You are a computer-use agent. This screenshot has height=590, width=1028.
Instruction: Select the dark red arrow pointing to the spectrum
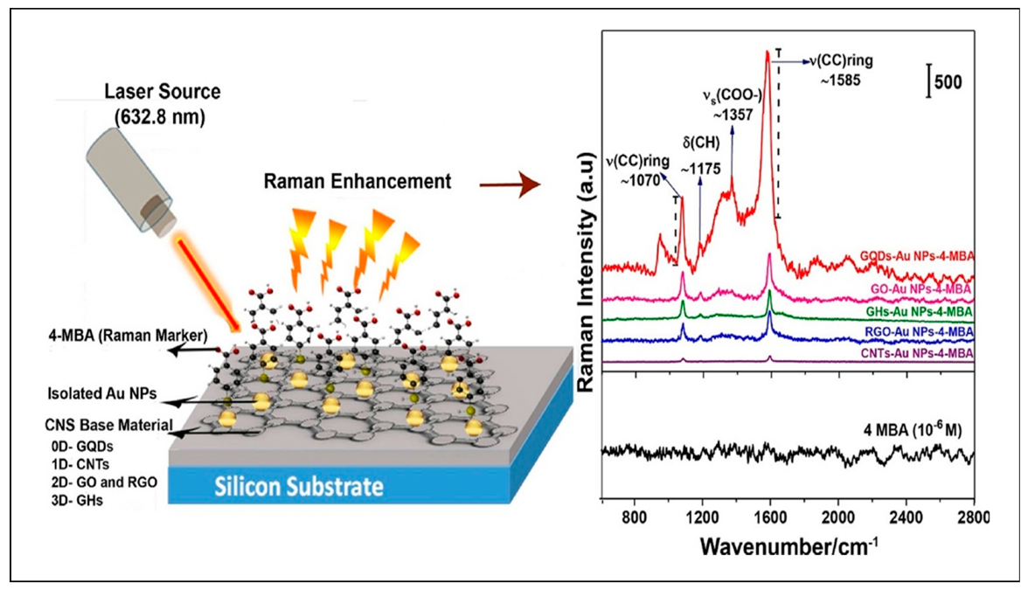[511, 184]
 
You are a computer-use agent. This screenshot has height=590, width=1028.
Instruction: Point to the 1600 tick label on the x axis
[769, 517]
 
